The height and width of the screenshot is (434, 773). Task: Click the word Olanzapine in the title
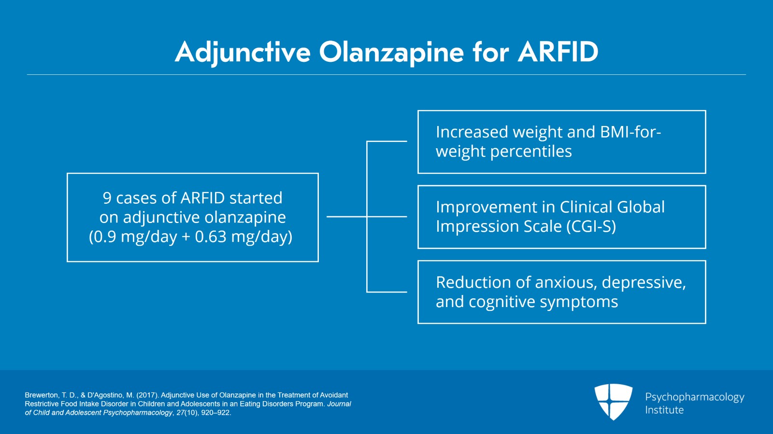pyautogui.click(x=391, y=52)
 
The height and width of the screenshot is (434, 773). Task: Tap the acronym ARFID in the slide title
pyautogui.click(x=558, y=52)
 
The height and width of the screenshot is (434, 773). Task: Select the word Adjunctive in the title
pyautogui.click(x=243, y=52)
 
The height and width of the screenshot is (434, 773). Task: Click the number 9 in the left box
pyautogui.click(x=107, y=198)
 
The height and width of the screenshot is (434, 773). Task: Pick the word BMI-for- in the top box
pyautogui.click(x=630, y=132)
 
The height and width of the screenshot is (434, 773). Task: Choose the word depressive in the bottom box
pyautogui.click(x=643, y=282)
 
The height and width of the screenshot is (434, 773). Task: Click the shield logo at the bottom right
pyautogui.click(x=613, y=401)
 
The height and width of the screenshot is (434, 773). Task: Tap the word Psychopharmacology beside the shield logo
pyautogui.click(x=694, y=397)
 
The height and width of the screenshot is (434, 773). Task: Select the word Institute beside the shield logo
pyautogui.click(x=664, y=410)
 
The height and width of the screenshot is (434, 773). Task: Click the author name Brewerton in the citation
pyautogui.click(x=41, y=395)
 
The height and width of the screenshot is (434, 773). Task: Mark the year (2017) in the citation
pyautogui.click(x=147, y=395)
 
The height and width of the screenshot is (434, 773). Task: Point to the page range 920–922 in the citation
pyautogui.click(x=216, y=413)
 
